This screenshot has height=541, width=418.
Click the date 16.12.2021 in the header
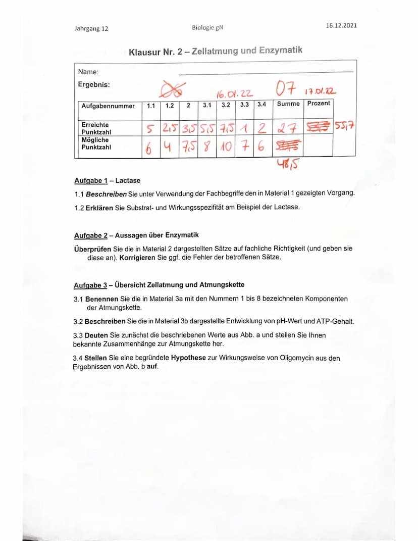click(341, 25)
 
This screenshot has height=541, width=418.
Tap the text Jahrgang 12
click(91, 29)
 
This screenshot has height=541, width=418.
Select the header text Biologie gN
click(207, 27)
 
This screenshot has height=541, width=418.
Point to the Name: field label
click(88, 72)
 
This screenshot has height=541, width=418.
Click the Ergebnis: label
click(94, 84)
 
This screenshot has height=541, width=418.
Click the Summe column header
click(288, 104)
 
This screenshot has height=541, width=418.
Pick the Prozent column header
click(319, 103)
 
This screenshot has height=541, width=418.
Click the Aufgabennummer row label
click(108, 106)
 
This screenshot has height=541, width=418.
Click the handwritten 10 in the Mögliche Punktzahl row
click(226, 147)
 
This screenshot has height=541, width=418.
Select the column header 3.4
click(261, 105)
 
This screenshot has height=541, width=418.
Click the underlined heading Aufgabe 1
click(91, 180)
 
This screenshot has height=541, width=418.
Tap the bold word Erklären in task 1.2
click(99, 208)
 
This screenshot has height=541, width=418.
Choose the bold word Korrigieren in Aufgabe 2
click(140, 257)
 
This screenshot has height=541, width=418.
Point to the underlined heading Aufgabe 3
click(91, 284)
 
